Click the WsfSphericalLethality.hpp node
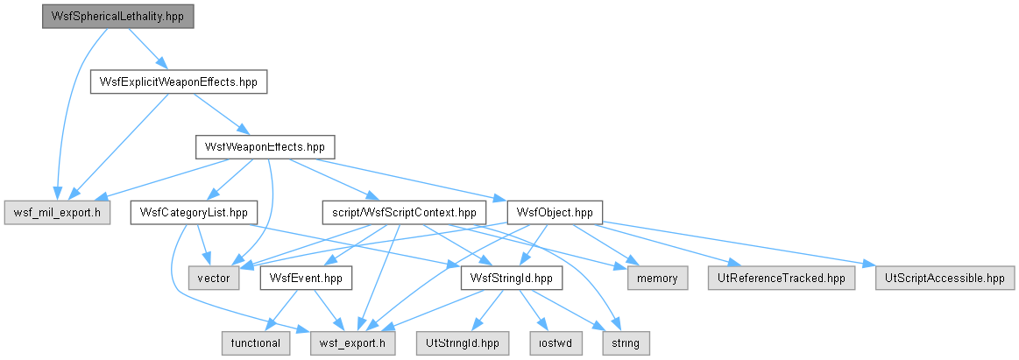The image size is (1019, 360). coord(117,17)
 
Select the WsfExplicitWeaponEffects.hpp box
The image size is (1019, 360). coord(178,81)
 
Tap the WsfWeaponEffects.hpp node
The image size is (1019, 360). coord(265,147)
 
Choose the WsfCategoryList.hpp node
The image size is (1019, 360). coord(194,213)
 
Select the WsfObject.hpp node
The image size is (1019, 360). coord(555,213)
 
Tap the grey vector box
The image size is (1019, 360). coord(214,279)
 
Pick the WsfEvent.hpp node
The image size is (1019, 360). coord(306,279)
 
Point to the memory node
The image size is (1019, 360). coord(657,279)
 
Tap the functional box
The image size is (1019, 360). coord(255,343)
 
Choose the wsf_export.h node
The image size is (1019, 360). coord(353,343)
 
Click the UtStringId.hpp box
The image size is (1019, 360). coord(462,343)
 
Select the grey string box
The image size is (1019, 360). coord(625,343)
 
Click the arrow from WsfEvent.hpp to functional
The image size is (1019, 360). coord(283,311)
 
